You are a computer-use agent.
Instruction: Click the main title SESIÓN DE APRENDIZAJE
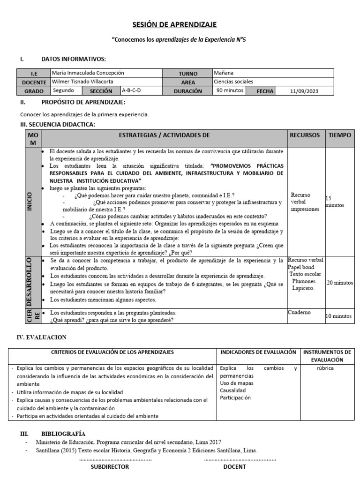[x=180, y=24]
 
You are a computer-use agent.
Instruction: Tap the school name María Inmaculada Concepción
[x=88, y=73]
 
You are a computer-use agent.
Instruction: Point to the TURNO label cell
[x=188, y=74]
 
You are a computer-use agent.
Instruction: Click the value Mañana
[x=224, y=73]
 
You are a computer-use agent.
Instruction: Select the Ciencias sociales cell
[x=233, y=82]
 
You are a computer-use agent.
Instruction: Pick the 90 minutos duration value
[x=230, y=91]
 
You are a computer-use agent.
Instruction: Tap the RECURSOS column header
[x=305, y=135]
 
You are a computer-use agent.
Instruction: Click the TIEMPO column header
[x=339, y=135]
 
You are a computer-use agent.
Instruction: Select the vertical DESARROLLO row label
[x=30, y=281]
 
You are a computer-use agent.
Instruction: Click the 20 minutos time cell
[x=339, y=283]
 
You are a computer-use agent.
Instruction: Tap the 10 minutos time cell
[x=338, y=316]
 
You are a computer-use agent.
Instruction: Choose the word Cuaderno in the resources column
[x=299, y=312]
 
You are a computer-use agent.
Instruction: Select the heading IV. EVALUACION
[x=43, y=337]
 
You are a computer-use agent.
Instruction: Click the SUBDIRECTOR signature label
[x=110, y=467]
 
